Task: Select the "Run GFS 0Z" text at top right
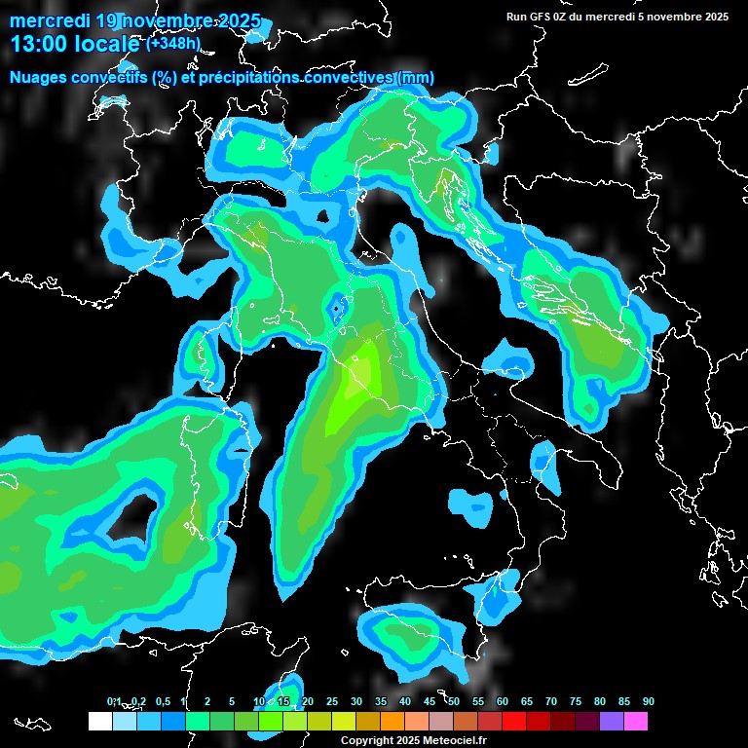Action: click(542, 16)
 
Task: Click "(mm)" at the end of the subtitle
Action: click(416, 78)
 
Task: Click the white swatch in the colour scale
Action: click(99, 721)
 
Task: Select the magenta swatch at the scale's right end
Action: click(635, 721)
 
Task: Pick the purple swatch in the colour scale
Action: click(611, 721)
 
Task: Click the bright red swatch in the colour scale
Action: click(513, 721)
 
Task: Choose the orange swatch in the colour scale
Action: click(392, 721)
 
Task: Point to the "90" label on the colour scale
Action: click(648, 701)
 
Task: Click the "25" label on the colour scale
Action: click(332, 701)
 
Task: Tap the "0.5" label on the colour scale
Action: click(163, 701)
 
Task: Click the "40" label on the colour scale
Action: click(405, 701)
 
